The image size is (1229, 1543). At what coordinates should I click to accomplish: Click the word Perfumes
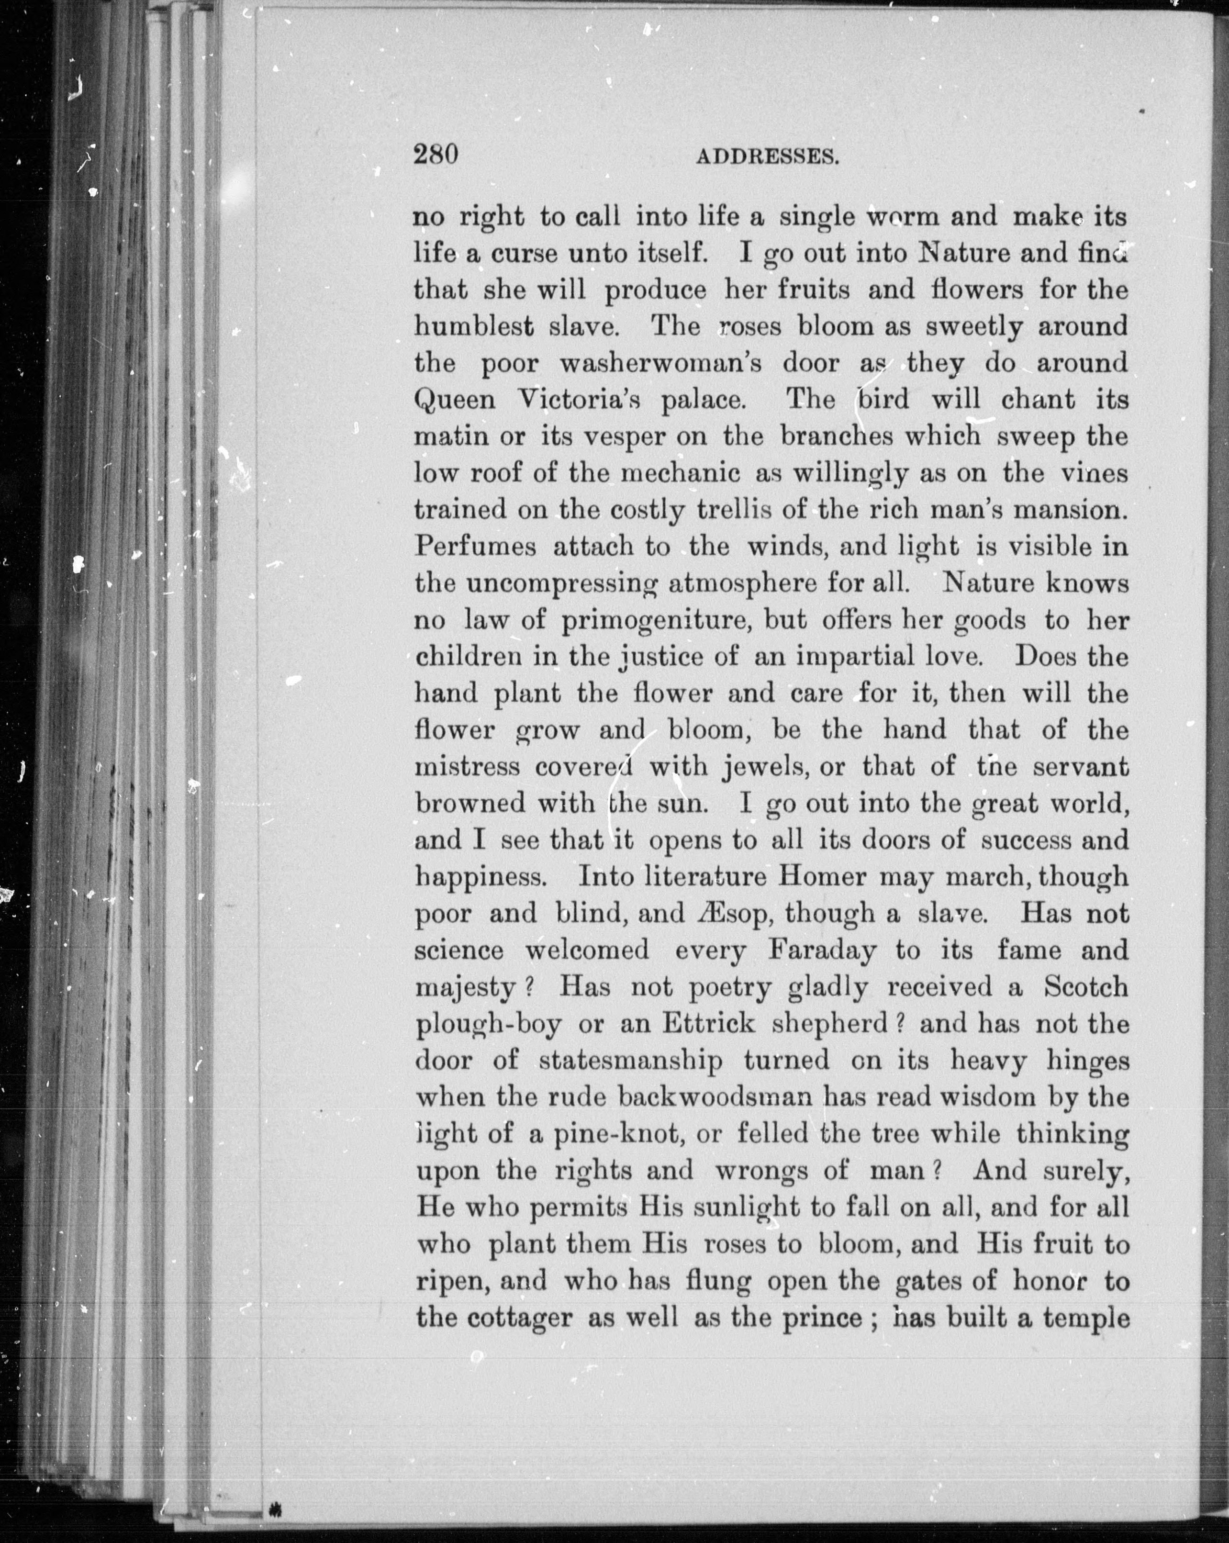pyautogui.click(x=475, y=547)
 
